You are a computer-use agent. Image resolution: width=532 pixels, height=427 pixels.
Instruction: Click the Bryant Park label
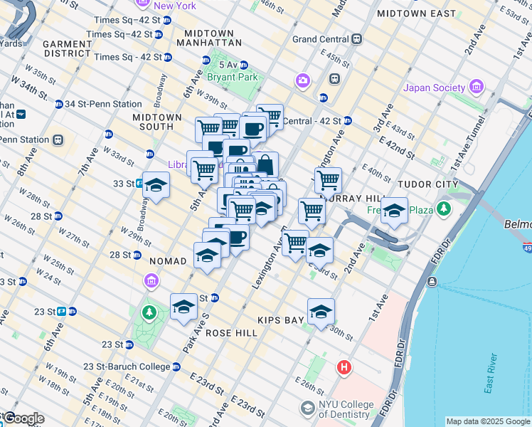coord(231,77)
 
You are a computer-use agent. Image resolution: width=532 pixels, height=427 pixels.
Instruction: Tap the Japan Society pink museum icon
coord(476,88)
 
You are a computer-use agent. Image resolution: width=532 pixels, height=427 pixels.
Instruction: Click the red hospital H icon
coord(344,368)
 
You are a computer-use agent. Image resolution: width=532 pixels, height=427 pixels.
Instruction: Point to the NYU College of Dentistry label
coord(346,409)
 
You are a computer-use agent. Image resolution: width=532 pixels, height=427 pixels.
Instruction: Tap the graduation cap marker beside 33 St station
coord(156,184)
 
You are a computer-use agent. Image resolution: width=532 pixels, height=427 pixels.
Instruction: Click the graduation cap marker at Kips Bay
coord(321,311)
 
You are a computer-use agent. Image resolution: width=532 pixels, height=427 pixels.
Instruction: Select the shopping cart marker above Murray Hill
coord(328,179)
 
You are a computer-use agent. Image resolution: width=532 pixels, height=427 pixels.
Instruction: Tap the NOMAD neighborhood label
coord(168,261)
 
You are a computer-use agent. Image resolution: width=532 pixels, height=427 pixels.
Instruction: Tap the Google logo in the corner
coord(23,419)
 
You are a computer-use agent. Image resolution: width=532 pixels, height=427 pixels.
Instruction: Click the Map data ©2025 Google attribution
coord(488,421)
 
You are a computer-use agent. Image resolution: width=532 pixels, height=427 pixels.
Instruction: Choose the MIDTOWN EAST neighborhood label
coord(416,14)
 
